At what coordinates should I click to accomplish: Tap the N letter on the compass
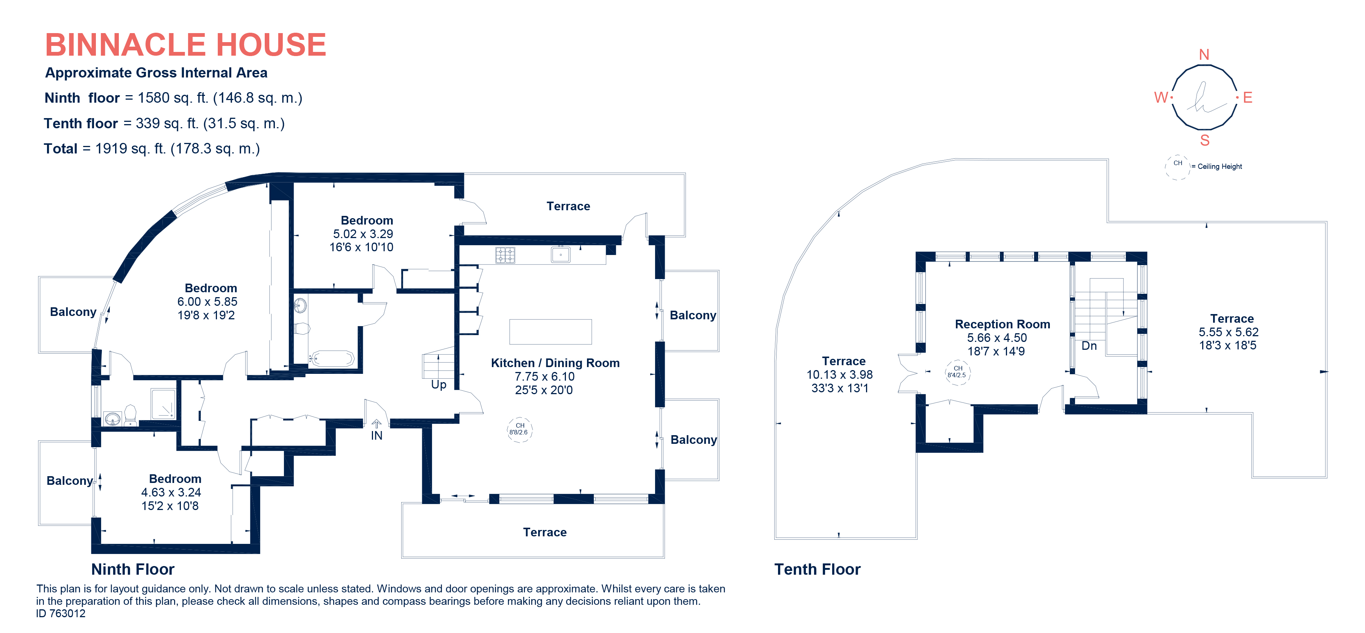pyautogui.click(x=1204, y=55)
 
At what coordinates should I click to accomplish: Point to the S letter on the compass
pyautogui.click(x=1204, y=141)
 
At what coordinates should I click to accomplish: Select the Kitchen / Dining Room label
pyautogui.click(x=555, y=363)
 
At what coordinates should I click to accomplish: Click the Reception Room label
pyautogui.click(x=1002, y=324)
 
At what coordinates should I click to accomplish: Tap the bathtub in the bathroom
pyautogui.click(x=332, y=359)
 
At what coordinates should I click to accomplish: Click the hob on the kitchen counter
pyautogui.click(x=505, y=255)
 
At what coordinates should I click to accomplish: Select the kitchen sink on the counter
pyautogui.click(x=561, y=255)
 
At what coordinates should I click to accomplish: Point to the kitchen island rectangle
pyautogui.click(x=550, y=332)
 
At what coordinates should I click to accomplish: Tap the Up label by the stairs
pyautogui.click(x=438, y=384)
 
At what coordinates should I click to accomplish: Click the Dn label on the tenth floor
pyautogui.click(x=1089, y=346)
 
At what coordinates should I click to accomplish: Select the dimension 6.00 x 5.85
pyautogui.click(x=207, y=302)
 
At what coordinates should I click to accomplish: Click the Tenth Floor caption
pyautogui.click(x=817, y=569)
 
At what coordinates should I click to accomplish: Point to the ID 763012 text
pyautogui.click(x=61, y=613)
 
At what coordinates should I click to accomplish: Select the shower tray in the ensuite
pyautogui.click(x=163, y=404)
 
